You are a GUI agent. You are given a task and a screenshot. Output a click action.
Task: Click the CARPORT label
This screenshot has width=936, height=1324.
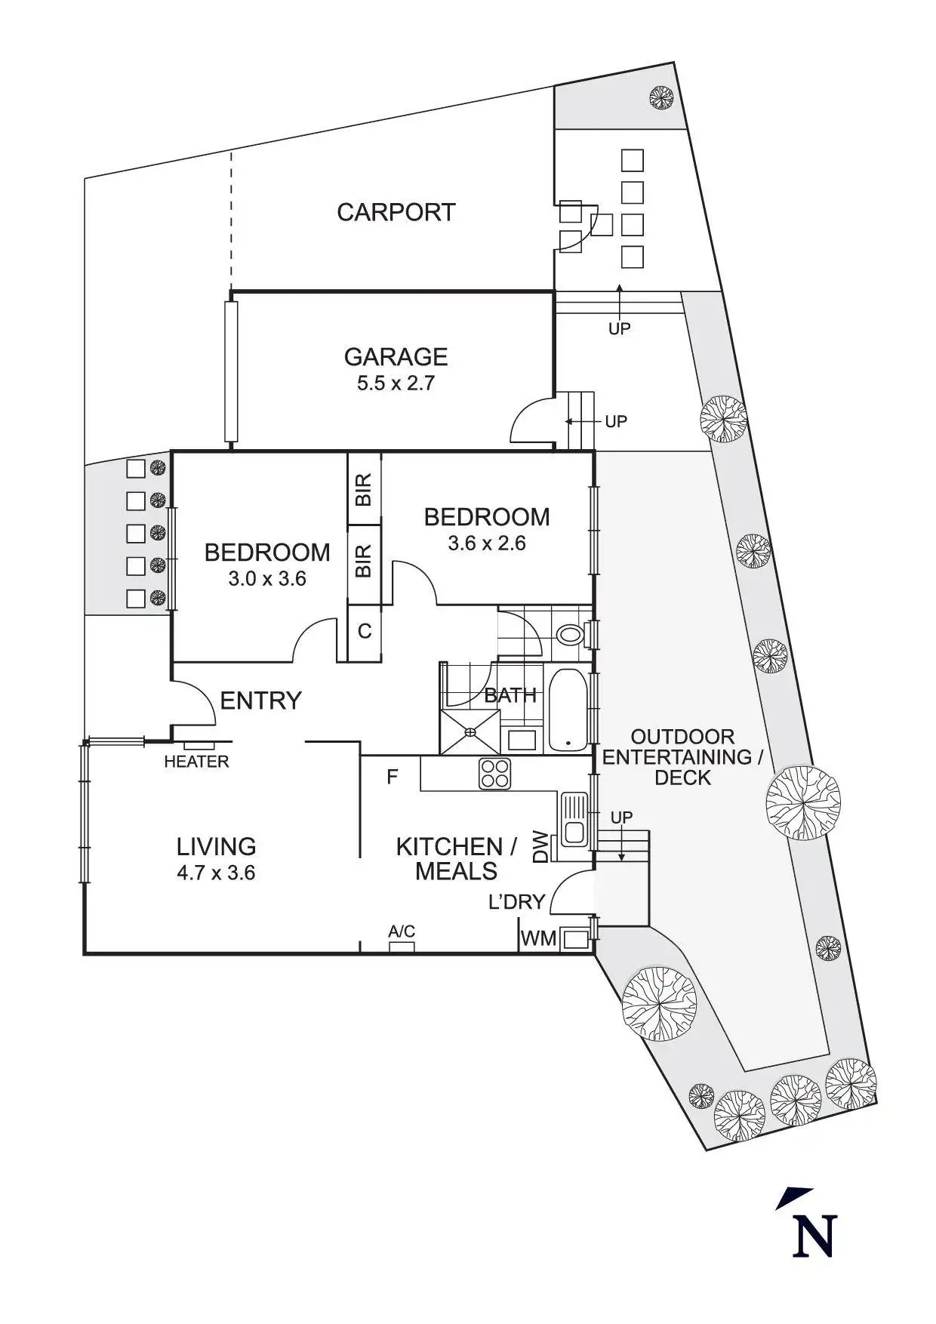click(x=396, y=212)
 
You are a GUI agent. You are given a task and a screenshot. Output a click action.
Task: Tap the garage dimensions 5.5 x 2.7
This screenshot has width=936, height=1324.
click(x=396, y=383)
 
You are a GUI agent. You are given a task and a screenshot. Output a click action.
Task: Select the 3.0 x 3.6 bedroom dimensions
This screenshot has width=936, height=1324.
click(x=267, y=579)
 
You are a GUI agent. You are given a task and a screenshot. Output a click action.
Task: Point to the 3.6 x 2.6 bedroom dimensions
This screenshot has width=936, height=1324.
click(x=486, y=543)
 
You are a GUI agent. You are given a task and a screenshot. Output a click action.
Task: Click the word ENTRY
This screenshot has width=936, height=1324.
click(x=260, y=700)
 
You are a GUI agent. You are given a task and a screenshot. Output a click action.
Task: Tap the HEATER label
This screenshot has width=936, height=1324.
click(x=196, y=762)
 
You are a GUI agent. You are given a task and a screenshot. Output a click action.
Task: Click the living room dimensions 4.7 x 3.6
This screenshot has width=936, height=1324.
click(x=216, y=873)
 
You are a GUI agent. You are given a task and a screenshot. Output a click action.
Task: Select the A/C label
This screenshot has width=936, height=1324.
click(x=402, y=931)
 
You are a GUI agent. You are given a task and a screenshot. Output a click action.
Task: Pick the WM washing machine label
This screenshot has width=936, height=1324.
click(x=539, y=938)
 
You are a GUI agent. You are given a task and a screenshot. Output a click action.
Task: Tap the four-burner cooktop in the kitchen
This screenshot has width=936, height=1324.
click(x=495, y=774)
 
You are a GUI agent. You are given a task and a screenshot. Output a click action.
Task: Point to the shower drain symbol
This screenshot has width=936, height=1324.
click(x=471, y=731)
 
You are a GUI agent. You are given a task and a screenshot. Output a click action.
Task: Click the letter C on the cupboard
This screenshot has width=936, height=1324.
click(x=364, y=631)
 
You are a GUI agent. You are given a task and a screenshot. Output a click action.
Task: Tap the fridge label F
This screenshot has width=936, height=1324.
click(x=392, y=776)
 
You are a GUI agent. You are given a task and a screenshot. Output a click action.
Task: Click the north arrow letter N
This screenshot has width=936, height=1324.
click(x=814, y=1235)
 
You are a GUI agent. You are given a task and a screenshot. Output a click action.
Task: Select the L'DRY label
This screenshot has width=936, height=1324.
click(x=516, y=901)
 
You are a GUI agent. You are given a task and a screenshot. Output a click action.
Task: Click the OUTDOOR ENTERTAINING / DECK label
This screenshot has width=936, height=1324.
click(x=682, y=757)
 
